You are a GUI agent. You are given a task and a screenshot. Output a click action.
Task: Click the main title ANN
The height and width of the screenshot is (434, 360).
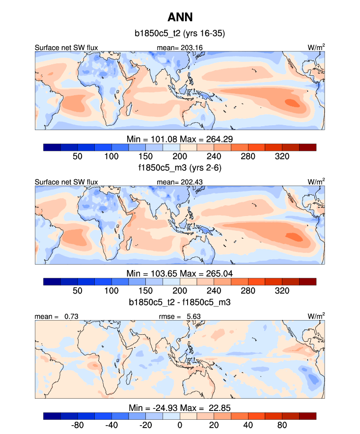[180, 17]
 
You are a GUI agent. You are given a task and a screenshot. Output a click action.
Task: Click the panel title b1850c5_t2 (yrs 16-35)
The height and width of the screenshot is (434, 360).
[180, 34]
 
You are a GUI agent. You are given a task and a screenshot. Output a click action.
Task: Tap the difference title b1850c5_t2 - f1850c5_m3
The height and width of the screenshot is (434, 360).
[180, 303]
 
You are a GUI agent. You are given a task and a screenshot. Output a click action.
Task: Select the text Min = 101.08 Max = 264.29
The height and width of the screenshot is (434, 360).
[180, 138]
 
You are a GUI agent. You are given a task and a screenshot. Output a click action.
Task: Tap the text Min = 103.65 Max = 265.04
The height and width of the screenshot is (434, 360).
[180, 273]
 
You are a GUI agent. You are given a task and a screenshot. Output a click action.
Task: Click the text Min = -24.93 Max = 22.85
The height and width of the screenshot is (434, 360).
[180, 407]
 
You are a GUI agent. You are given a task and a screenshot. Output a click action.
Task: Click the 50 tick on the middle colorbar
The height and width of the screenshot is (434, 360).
[77, 290]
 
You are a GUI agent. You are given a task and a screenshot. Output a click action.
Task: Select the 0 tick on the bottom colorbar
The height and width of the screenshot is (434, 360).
[180, 425]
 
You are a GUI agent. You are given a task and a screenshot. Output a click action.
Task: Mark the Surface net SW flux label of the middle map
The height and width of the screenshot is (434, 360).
[66, 182]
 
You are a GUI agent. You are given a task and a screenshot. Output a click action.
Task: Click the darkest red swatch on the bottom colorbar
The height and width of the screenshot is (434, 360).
[307, 416]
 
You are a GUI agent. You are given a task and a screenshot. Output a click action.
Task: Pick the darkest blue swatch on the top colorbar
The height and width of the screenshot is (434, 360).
[52, 147]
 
